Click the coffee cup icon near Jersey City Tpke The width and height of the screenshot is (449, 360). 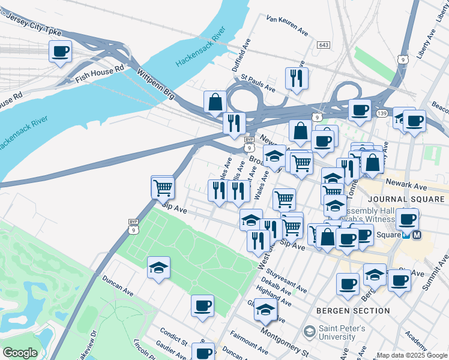pyautogui.click(x=60, y=52)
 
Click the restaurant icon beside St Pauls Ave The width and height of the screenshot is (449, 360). pyautogui.click(x=297, y=78)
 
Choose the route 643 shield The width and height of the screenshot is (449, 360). pyautogui.click(x=324, y=45)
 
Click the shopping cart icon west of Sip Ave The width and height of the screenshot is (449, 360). pyautogui.click(x=163, y=188)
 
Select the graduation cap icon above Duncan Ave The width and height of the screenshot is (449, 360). pyautogui.click(x=158, y=268)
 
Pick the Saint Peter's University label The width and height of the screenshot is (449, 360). pyautogui.click(x=341, y=333)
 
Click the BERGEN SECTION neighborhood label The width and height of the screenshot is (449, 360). pyautogui.click(x=353, y=311)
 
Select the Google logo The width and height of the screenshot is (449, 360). pyautogui.click(x=20, y=353)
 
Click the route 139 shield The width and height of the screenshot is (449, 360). pyautogui.click(x=382, y=113)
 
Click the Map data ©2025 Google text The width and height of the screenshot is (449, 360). pyautogui.click(x=412, y=355)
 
